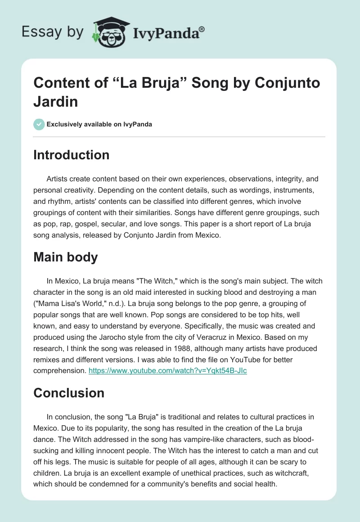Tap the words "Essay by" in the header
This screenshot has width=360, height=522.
[x=53, y=32]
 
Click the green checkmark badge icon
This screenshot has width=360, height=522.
[x=39, y=124]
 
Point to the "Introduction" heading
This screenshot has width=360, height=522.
[x=72, y=155]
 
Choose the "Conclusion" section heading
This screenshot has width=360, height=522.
[x=69, y=392]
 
